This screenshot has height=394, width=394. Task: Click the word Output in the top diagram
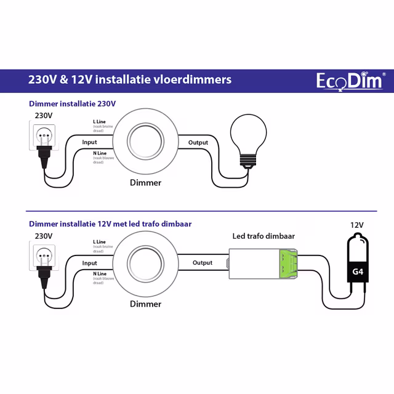click(198, 142)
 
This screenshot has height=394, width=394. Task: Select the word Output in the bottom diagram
click(203, 263)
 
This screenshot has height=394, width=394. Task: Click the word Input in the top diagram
click(89, 142)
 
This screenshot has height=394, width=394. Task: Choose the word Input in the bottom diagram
click(89, 263)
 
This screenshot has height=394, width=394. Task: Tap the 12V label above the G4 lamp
click(358, 225)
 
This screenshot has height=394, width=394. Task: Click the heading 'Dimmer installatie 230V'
click(72, 104)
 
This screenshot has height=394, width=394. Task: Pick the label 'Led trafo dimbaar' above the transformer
click(263, 236)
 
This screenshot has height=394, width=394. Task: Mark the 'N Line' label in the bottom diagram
click(99, 273)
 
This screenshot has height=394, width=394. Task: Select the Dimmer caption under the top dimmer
click(146, 183)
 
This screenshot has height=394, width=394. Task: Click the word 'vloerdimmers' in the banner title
click(196, 80)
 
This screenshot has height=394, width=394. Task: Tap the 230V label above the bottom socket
click(44, 236)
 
